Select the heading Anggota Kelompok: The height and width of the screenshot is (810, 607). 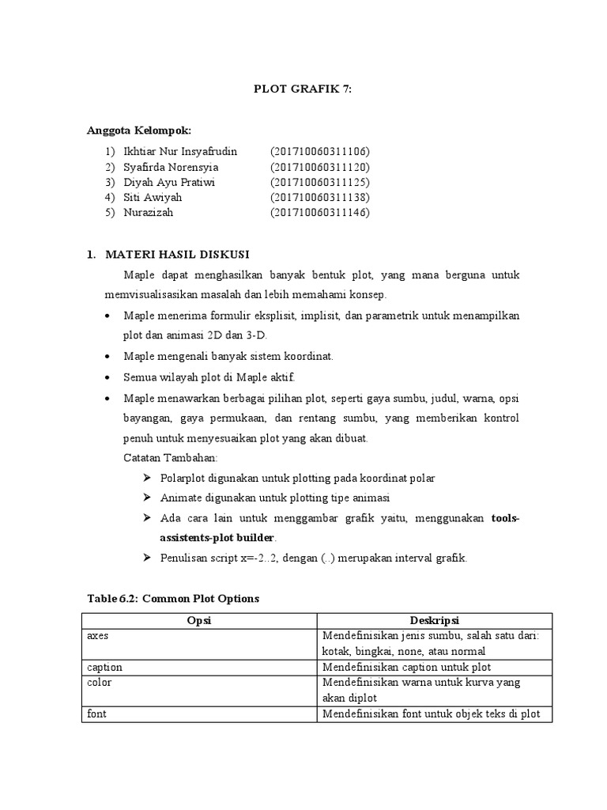tap(138, 131)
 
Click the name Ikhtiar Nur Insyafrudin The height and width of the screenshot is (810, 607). tap(180, 151)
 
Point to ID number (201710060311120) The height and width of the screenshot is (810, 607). tap(319, 167)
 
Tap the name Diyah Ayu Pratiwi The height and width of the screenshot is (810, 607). tap(168, 182)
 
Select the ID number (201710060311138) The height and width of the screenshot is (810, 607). tap(319, 197)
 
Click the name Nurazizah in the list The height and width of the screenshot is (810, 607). tap(148, 213)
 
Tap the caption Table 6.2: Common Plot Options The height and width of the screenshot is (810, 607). tap(172, 599)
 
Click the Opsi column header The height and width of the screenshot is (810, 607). tap(199, 622)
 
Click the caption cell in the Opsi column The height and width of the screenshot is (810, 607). tap(104, 668)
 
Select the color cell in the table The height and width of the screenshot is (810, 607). tap(99, 683)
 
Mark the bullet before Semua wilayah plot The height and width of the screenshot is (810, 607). tap(108, 377)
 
